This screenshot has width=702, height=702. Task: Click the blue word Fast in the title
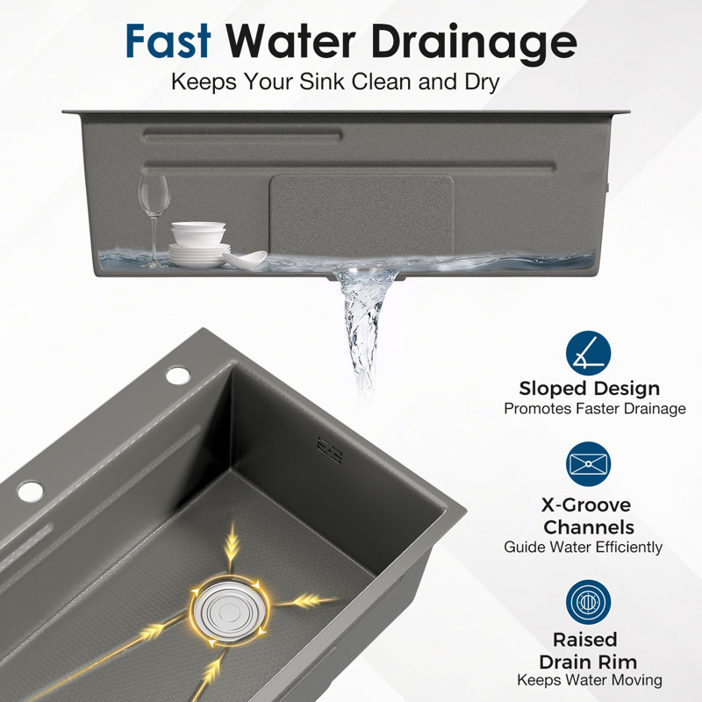click(168, 41)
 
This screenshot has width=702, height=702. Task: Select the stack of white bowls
click(198, 234)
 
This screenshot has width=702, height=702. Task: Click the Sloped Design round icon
click(588, 354)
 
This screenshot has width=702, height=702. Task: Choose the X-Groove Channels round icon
click(588, 464)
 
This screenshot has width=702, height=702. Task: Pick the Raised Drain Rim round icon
click(588, 602)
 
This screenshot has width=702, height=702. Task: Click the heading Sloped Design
click(589, 389)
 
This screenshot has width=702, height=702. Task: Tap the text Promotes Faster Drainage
click(595, 409)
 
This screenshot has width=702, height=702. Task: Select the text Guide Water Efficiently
click(583, 547)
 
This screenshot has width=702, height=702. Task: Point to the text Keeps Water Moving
click(590, 680)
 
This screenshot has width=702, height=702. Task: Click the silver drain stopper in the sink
click(230, 611)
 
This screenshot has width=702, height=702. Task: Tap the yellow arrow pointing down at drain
click(232, 549)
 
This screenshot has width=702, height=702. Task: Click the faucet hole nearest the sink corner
click(178, 376)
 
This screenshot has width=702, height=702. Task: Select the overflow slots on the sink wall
click(329, 450)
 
